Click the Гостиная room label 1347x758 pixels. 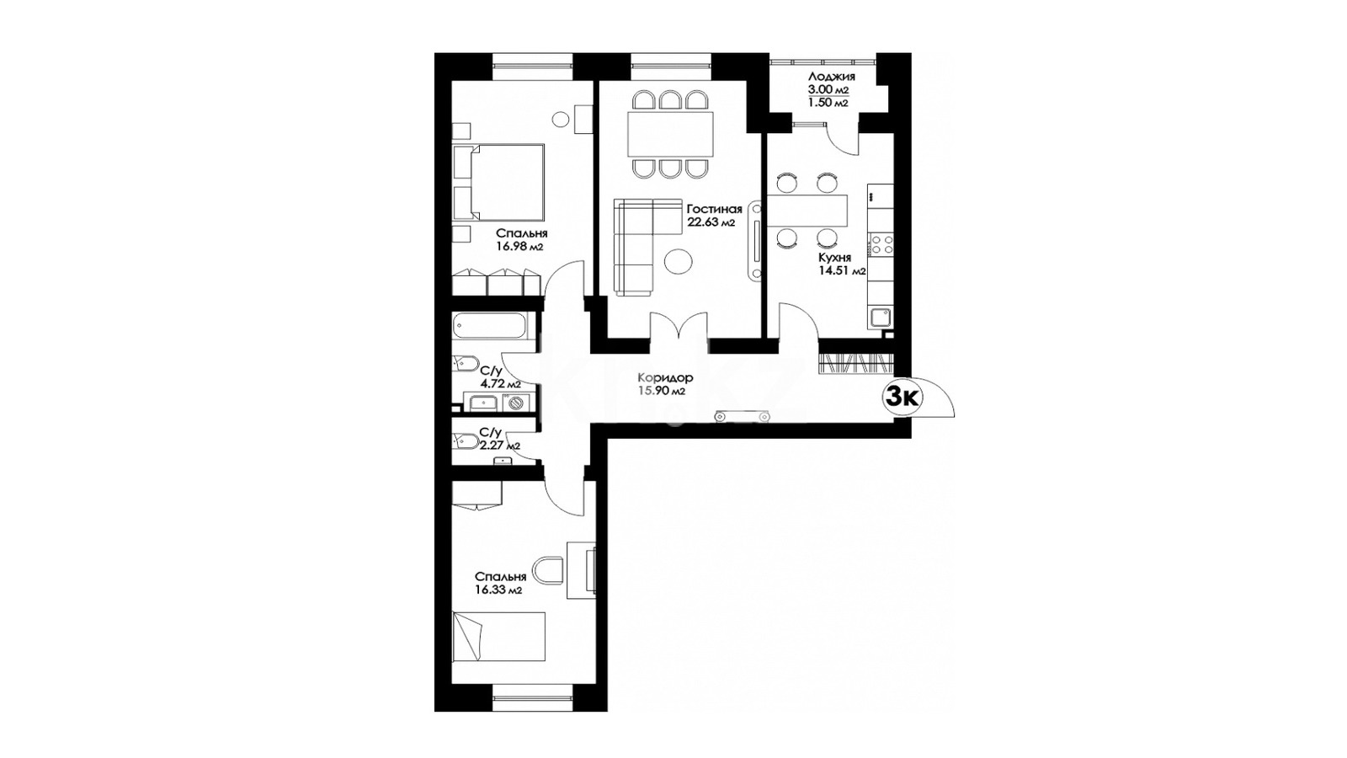click(715, 209)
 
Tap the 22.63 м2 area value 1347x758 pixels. click(711, 222)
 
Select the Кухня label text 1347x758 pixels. click(834, 258)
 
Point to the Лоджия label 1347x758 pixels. click(832, 77)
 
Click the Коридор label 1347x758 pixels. click(665, 378)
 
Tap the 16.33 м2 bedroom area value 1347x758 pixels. click(498, 590)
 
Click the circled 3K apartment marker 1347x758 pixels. click(903, 397)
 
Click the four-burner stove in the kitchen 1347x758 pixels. click(881, 244)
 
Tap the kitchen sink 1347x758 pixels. click(880, 317)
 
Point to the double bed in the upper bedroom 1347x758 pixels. click(498, 182)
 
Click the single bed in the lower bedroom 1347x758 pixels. click(498, 636)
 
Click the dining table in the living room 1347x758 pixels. click(670, 133)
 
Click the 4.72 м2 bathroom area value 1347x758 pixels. click(500, 384)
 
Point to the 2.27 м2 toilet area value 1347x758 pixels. click(500, 446)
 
